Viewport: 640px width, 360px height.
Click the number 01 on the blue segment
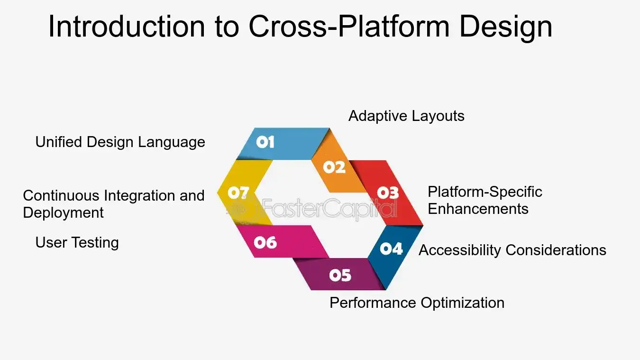pyautogui.click(x=265, y=142)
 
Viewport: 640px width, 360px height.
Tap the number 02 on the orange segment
pyautogui.click(x=334, y=167)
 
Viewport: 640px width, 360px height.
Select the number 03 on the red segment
pyautogui.click(x=388, y=192)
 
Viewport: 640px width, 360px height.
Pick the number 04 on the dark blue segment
pyautogui.click(x=391, y=249)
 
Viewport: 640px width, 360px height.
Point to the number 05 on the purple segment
pyautogui.click(x=340, y=275)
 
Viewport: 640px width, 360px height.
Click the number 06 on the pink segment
pyautogui.click(x=265, y=243)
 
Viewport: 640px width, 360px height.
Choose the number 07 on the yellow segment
pyautogui.click(x=238, y=193)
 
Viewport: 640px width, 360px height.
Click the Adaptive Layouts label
pyautogui.click(x=406, y=116)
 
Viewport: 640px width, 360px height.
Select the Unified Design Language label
pyautogui.click(x=120, y=142)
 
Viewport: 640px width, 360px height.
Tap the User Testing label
pyautogui.click(x=77, y=243)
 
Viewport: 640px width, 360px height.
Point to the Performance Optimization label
pyautogui.click(x=417, y=303)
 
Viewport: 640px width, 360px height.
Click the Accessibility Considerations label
pyautogui.click(x=512, y=250)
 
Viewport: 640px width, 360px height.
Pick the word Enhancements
pyautogui.click(x=478, y=209)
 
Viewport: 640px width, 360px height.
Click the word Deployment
pyautogui.click(x=63, y=212)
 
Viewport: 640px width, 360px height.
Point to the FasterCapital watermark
pyautogui.click(x=329, y=209)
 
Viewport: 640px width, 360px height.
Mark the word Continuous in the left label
pyautogui.click(x=61, y=195)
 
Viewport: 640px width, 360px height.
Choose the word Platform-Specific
pyautogui.click(x=485, y=192)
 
